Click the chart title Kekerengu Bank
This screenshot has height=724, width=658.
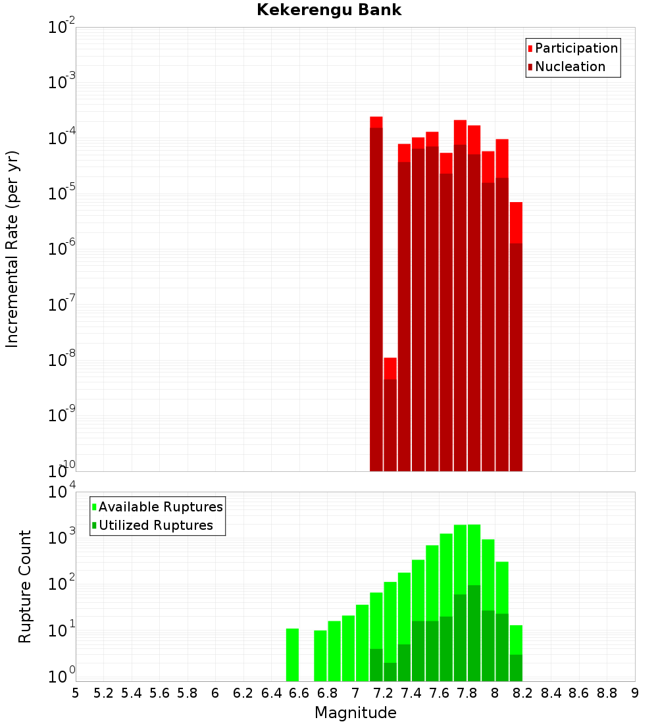pyautogui.click(x=329, y=11)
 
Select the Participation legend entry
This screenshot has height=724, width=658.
pyautogui.click(x=576, y=48)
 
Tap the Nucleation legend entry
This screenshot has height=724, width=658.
pyautogui.click(x=570, y=66)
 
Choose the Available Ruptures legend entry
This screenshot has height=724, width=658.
pyautogui.click(x=161, y=507)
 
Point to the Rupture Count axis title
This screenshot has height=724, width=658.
pyautogui.click(x=25, y=586)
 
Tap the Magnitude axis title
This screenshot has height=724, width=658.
pyautogui.click(x=355, y=713)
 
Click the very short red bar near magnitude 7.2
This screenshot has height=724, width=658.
pyautogui.click(x=390, y=415)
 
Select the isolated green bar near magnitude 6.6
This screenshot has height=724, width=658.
pyautogui.click(x=292, y=655)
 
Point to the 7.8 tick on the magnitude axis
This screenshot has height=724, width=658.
pyautogui.click(x=523, y=693)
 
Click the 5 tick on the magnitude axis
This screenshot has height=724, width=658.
pyautogui.click(x=76, y=693)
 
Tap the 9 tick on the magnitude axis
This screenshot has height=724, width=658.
pyautogui.click(x=635, y=693)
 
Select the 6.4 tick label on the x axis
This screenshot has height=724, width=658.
pyautogui.click(x=272, y=693)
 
